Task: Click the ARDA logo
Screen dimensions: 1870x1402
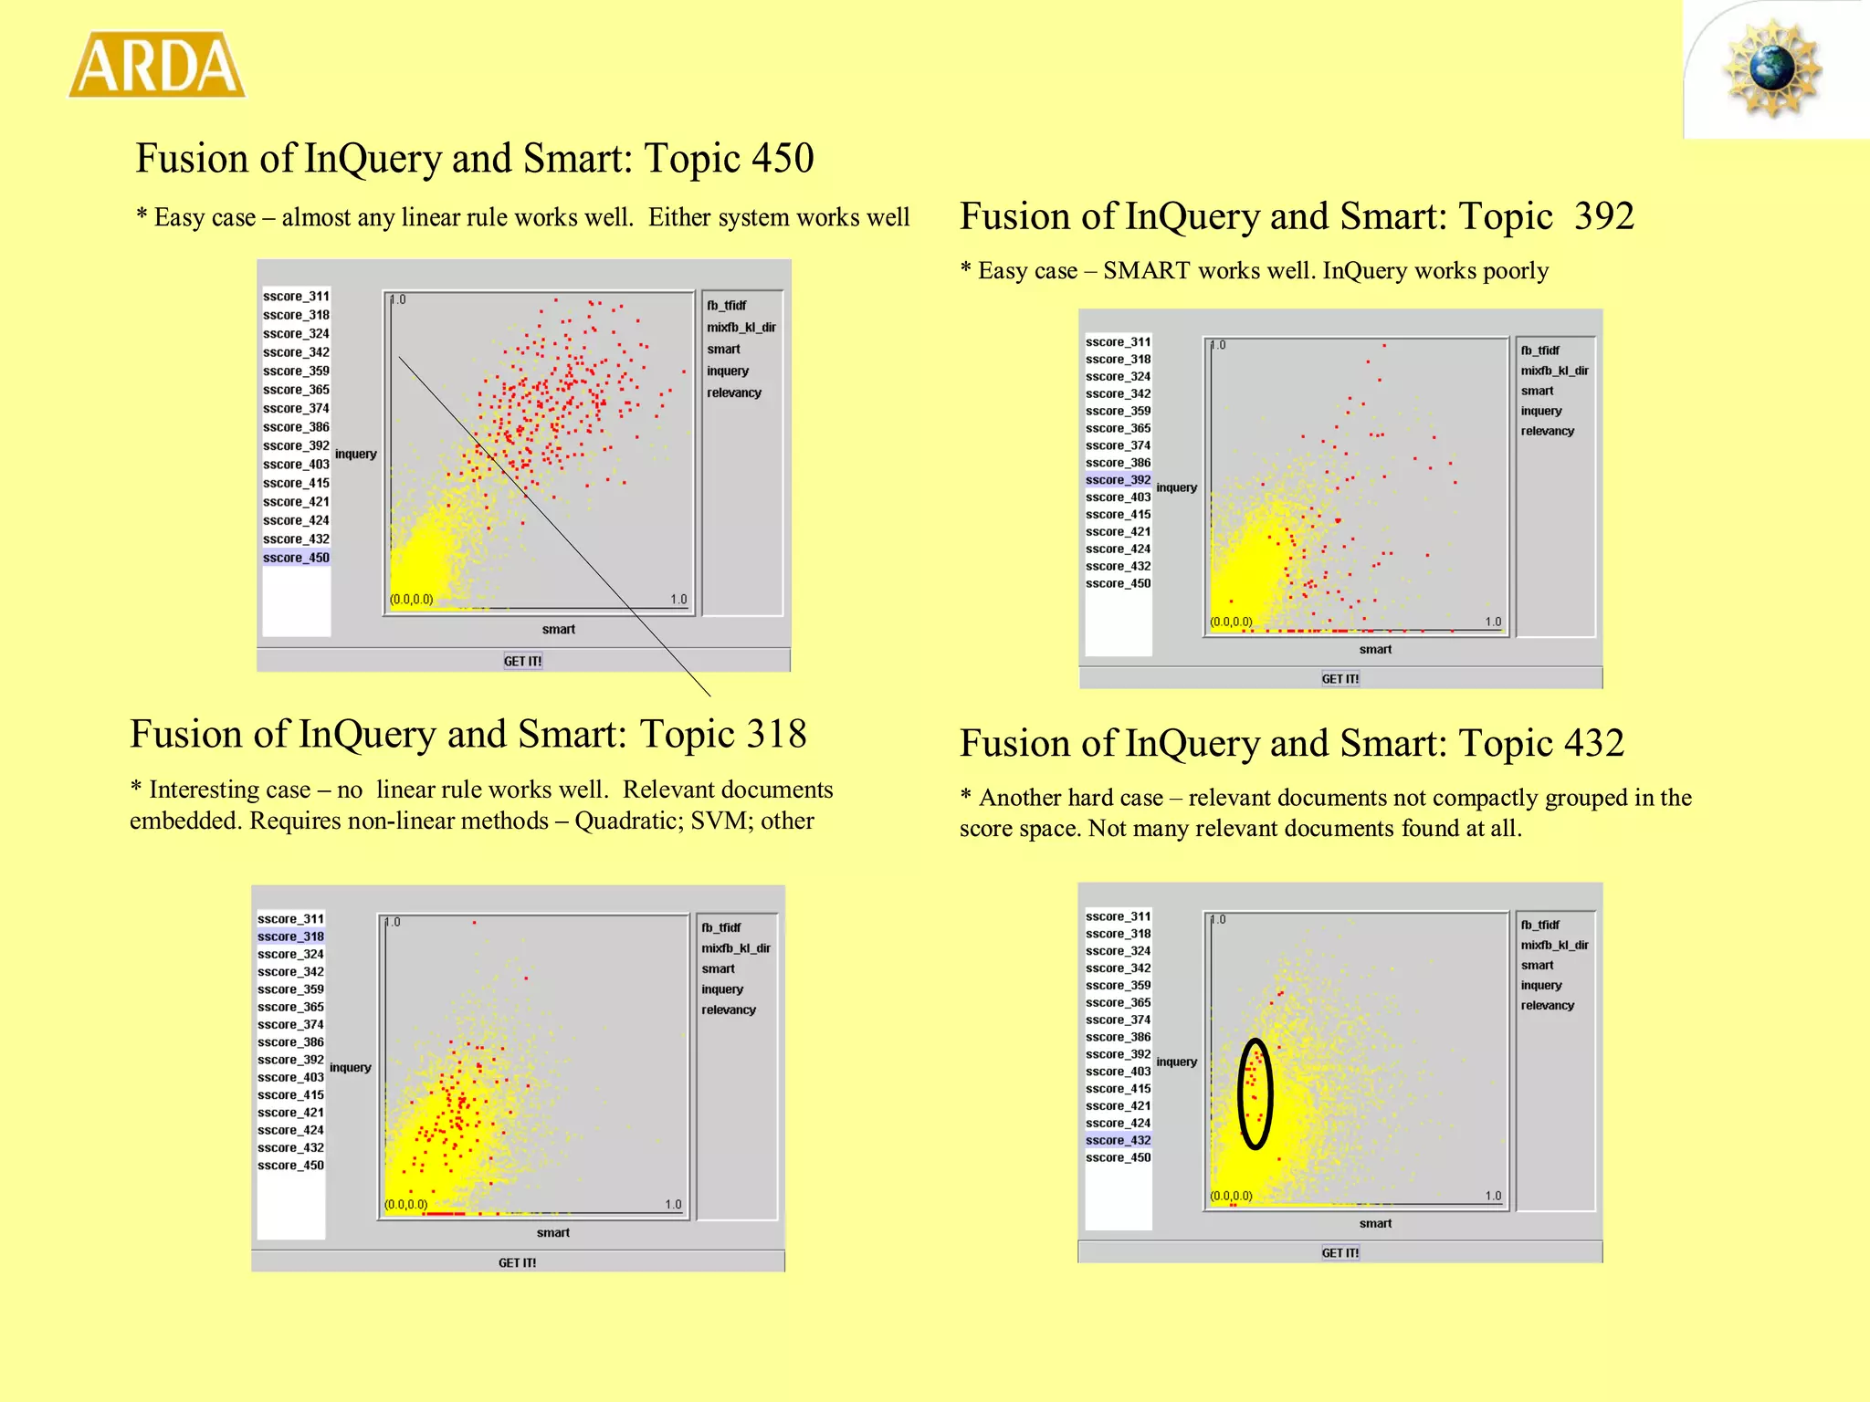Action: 157,65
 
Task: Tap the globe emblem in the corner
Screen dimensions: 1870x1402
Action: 1772,68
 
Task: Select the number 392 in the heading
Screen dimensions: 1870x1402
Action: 1604,216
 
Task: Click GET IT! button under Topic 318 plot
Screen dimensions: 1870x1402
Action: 517,1263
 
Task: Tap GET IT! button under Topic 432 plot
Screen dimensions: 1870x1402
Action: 1340,1253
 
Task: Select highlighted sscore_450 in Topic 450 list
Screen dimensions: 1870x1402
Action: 296,558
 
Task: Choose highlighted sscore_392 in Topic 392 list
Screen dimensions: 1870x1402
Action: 1119,480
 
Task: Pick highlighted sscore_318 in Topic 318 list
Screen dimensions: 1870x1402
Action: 290,936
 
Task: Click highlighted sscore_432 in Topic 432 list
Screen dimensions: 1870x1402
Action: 1119,1140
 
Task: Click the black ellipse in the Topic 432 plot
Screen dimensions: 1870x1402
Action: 1240,1094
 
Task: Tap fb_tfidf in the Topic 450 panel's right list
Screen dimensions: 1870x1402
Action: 726,306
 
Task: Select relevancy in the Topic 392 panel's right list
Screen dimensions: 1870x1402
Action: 1548,431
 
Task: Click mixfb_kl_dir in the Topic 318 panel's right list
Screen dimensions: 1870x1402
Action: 736,948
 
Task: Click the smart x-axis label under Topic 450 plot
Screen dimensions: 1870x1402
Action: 559,630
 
